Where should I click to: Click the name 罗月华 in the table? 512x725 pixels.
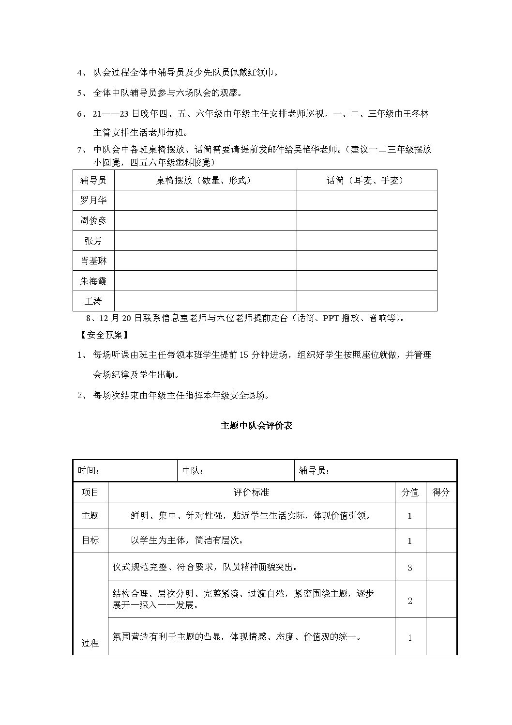coord(93,200)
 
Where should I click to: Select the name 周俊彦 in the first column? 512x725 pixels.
coord(93,220)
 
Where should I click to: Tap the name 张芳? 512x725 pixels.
coord(93,241)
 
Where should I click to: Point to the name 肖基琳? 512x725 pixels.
coord(93,261)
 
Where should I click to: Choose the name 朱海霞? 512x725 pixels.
coord(93,281)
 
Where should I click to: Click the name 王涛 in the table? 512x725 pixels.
coord(93,301)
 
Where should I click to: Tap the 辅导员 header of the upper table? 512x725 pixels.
coord(93,180)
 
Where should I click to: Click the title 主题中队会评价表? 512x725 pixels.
coord(256,426)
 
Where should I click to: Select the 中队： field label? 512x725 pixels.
coord(193,470)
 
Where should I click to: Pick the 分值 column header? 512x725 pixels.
coord(410,493)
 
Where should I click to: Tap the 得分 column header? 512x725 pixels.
coord(441,493)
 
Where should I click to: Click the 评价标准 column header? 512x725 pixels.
coord(251,493)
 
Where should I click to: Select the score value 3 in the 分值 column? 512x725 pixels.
coord(410,568)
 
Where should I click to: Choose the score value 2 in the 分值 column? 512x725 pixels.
coord(410,601)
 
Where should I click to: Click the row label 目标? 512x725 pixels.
coord(90,540)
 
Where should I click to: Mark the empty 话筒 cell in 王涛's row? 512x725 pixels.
coord(366,301)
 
